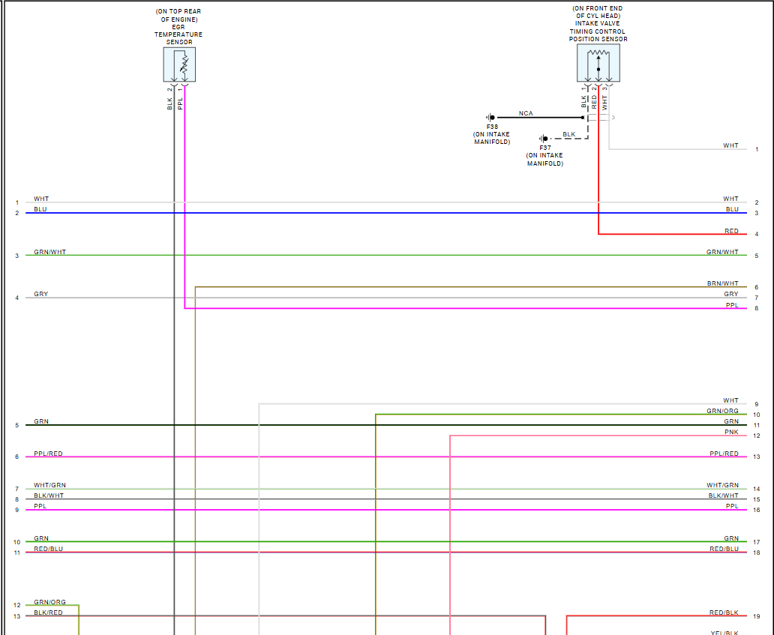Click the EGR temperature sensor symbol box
pyautogui.click(x=179, y=65)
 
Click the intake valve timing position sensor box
pyautogui.click(x=598, y=63)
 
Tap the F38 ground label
pyautogui.click(x=491, y=126)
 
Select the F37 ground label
pyautogui.click(x=544, y=148)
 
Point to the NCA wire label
pyautogui.click(x=526, y=113)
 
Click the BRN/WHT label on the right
pyautogui.click(x=722, y=283)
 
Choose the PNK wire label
pyautogui.click(x=731, y=432)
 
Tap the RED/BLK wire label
pyautogui.click(x=724, y=613)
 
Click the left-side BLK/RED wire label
pyautogui.click(x=48, y=613)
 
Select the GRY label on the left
pyautogui.click(x=40, y=294)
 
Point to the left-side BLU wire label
pyautogui.click(x=40, y=209)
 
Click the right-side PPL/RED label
pyautogui.click(x=724, y=454)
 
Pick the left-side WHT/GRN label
pyautogui.click(x=49, y=485)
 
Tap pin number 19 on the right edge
pyautogui.click(x=757, y=617)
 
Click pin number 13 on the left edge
pyautogui.click(x=16, y=616)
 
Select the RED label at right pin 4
pyautogui.click(x=731, y=231)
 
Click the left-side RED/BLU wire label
pyautogui.click(x=48, y=549)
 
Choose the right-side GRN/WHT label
pyautogui.click(x=722, y=252)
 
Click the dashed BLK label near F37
pyautogui.click(x=568, y=134)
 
